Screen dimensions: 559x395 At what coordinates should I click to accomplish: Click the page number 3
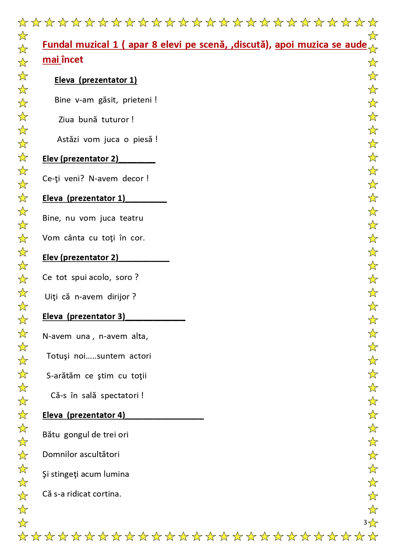tap(365, 522)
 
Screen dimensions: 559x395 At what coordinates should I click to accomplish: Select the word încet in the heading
tap(72, 60)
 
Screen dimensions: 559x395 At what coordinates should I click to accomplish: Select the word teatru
tap(131, 218)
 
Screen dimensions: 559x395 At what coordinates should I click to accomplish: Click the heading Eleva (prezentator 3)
tap(84, 316)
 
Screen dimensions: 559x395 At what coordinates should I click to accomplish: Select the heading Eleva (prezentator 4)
tap(84, 415)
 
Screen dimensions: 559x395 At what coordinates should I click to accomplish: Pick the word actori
tap(140, 356)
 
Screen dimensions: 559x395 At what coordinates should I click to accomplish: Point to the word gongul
tap(76, 435)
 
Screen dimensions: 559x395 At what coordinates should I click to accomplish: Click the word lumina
tap(116, 474)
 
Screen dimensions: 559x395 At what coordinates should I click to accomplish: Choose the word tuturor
tap(115, 120)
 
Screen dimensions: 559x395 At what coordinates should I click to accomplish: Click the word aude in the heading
tap(356, 45)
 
